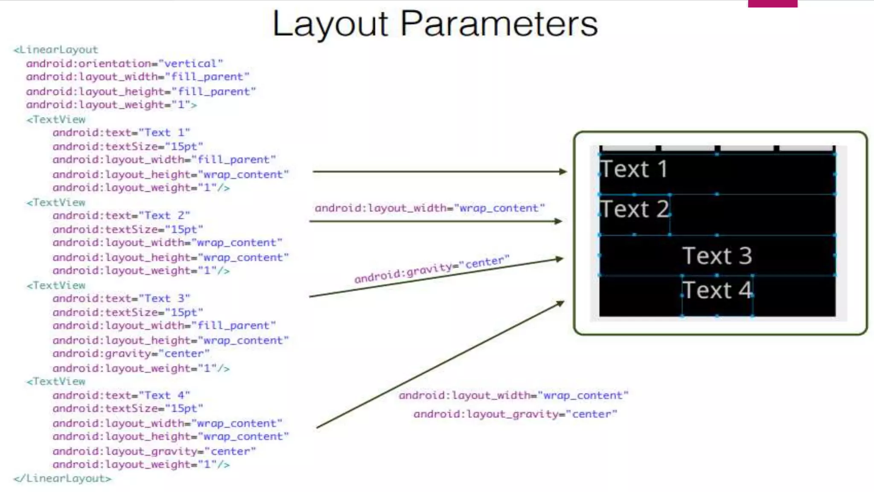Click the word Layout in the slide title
(x=330, y=24)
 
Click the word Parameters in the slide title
(x=499, y=24)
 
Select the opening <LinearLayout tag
(x=56, y=50)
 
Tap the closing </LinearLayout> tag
(x=62, y=478)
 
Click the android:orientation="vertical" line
(x=124, y=64)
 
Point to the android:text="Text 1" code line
(x=121, y=133)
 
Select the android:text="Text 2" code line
(x=121, y=216)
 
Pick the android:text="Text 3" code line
(x=121, y=299)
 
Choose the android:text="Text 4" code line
(x=121, y=395)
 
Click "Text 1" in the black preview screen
(x=633, y=169)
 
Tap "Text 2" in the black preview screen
(x=634, y=209)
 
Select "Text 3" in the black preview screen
(x=717, y=256)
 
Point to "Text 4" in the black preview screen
(x=717, y=290)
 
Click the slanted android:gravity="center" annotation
(x=431, y=269)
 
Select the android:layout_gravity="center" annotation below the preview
(x=515, y=414)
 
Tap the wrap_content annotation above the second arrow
(x=430, y=208)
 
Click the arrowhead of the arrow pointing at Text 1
(x=563, y=172)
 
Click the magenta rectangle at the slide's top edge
(x=772, y=3)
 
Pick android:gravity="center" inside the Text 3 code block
(x=131, y=354)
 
